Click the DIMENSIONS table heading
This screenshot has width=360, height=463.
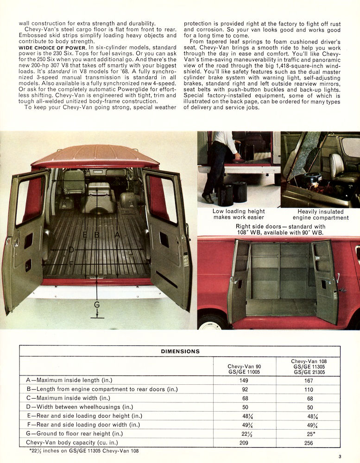[180, 351]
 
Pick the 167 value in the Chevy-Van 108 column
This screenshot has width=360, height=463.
[309, 381]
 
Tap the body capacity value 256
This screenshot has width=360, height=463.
[309, 442]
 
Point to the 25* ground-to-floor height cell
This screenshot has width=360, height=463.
[309, 433]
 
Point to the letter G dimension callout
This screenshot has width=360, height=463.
[97, 305]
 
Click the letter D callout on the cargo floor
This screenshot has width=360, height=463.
[71, 250]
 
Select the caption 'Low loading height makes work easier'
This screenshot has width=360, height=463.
[239, 214]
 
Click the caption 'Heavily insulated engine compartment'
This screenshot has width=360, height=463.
[320, 214]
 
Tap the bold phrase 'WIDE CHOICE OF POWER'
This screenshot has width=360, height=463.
[52, 48]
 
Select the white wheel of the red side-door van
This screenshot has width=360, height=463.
[211, 324]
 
